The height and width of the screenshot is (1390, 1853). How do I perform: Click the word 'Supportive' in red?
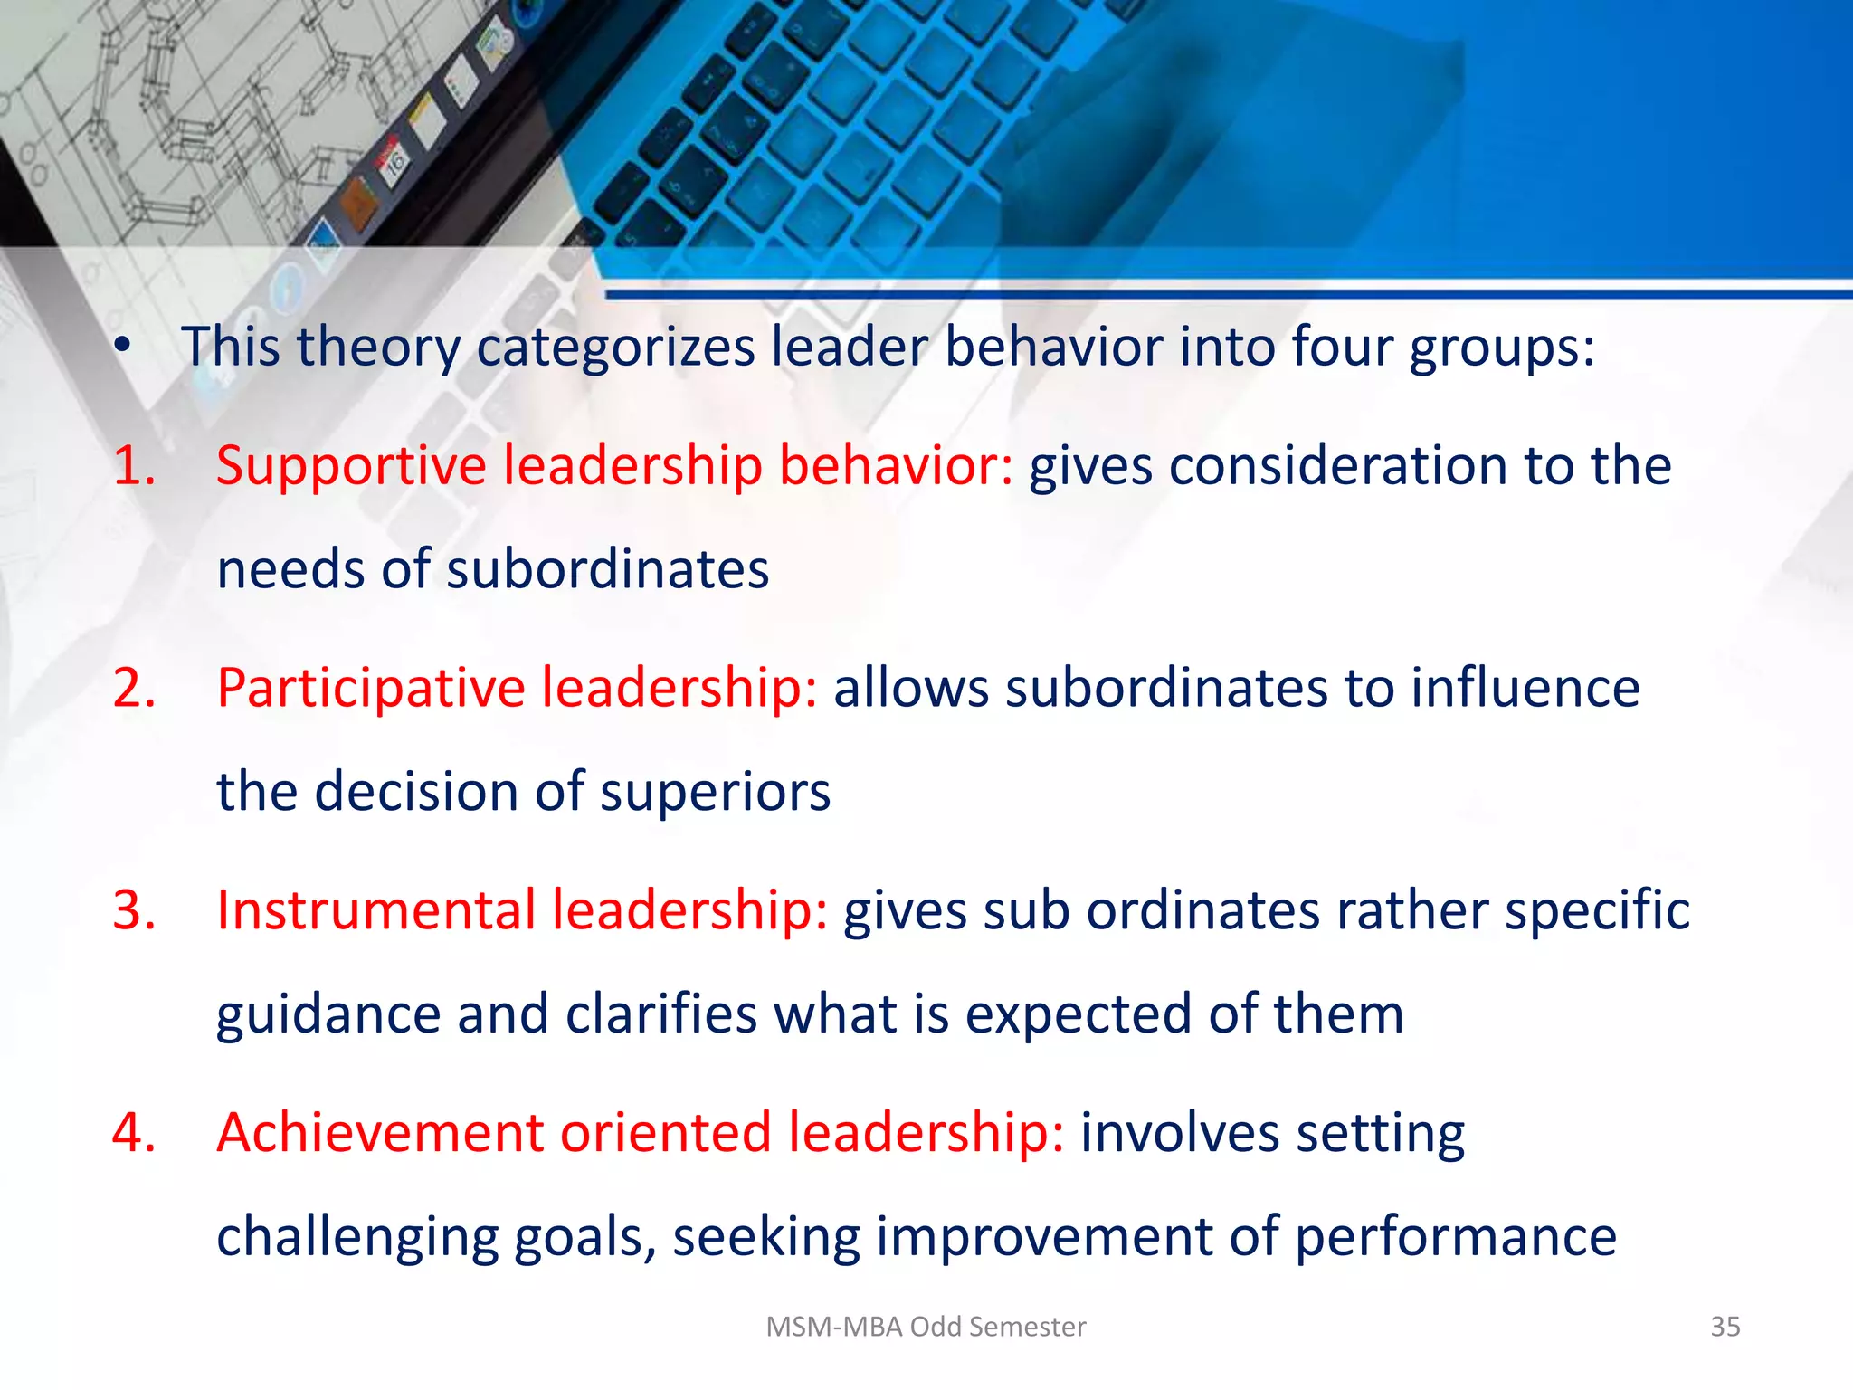pos(351,467)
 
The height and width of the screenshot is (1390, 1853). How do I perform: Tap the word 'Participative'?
pos(371,689)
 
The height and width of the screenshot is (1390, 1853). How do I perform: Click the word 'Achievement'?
pos(380,1132)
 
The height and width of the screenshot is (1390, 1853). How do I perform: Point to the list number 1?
pos(134,467)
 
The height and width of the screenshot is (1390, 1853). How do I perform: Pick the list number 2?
pos(134,689)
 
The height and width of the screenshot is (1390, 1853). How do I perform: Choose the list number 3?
pos(134,910)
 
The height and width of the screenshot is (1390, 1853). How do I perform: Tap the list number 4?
pos(134,1132)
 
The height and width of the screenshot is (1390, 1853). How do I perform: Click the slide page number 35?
pos(1725,1327)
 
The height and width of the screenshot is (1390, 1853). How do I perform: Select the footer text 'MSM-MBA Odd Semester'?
pos(926,1327)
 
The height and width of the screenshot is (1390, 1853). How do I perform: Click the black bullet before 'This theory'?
pos(123,346)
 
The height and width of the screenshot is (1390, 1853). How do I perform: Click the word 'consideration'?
pos(1338,467)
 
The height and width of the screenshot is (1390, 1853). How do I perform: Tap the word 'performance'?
pos(1455,1238)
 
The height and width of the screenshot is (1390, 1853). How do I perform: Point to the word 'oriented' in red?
pos(666,1132)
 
